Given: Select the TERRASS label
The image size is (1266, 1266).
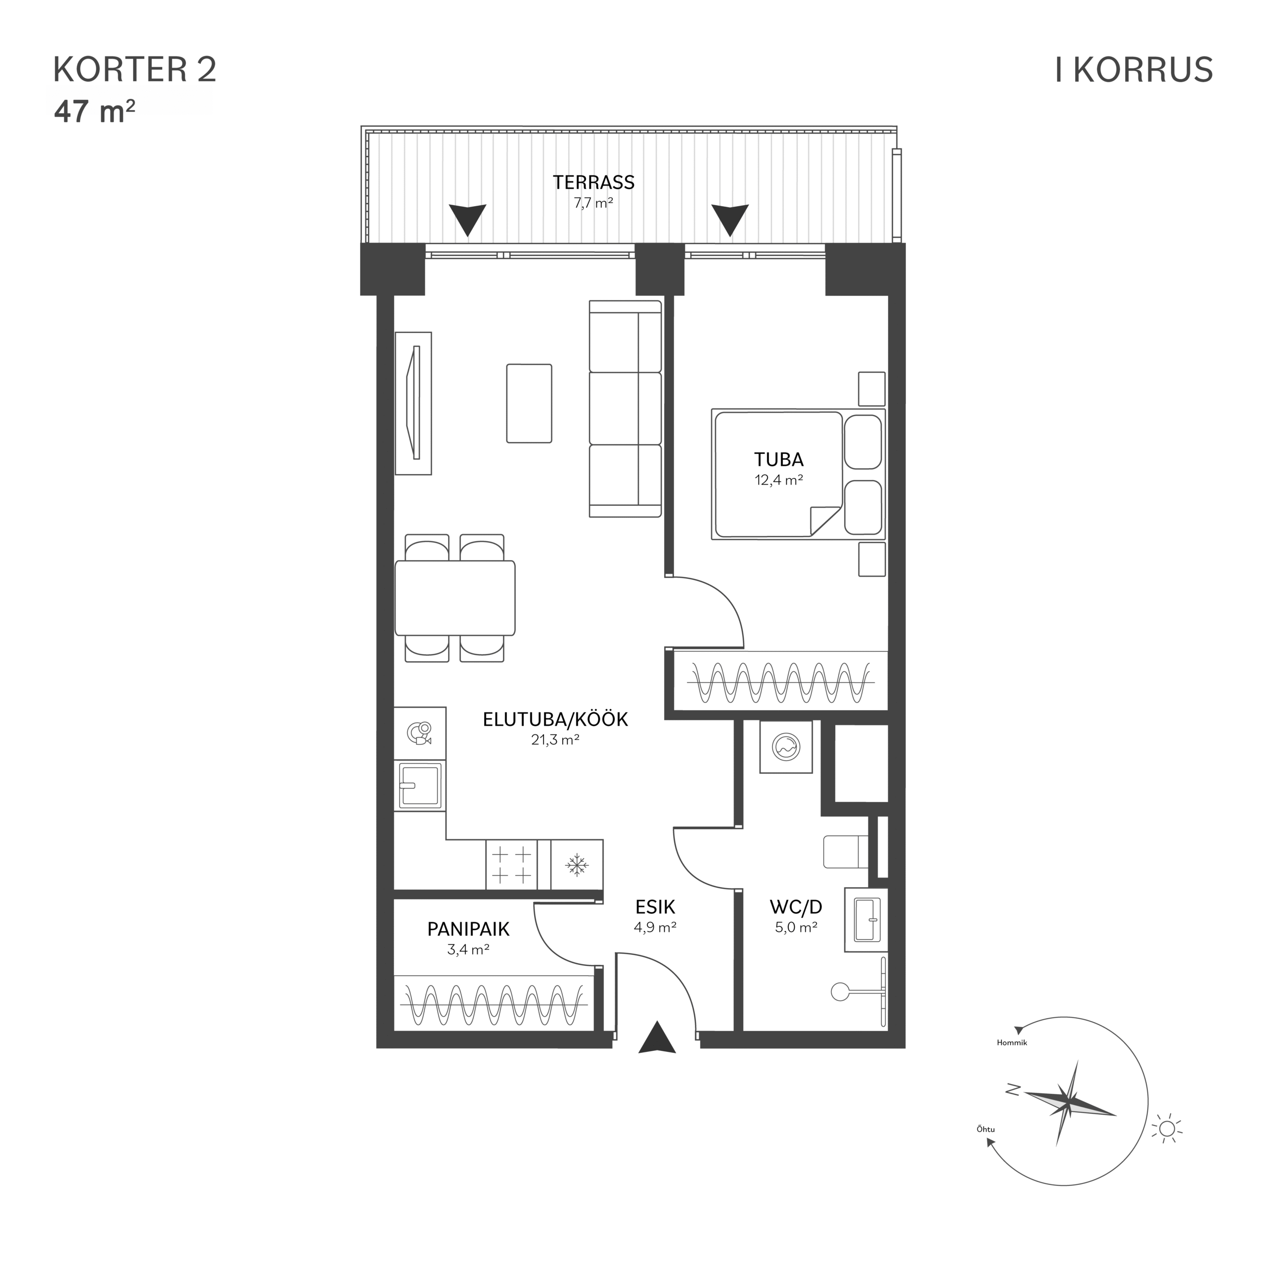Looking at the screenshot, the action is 593,182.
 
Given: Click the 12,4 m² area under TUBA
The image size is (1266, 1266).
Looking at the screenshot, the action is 778,480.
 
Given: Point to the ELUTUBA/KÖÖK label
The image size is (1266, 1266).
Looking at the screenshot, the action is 555,719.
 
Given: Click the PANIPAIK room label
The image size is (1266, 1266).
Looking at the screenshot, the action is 468,929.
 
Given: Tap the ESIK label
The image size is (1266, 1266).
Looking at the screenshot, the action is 655,907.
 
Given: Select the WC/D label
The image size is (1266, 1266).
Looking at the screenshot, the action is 796,907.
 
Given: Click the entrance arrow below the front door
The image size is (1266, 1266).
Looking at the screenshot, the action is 657,1037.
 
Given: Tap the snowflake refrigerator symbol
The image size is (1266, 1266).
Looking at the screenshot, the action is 577,865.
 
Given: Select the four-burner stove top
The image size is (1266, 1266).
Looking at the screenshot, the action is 511,865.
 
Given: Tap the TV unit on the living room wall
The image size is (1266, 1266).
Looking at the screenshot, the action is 413,403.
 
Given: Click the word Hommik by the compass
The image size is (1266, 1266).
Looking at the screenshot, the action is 1012,1042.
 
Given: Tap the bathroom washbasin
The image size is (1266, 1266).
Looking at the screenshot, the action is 866,919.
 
